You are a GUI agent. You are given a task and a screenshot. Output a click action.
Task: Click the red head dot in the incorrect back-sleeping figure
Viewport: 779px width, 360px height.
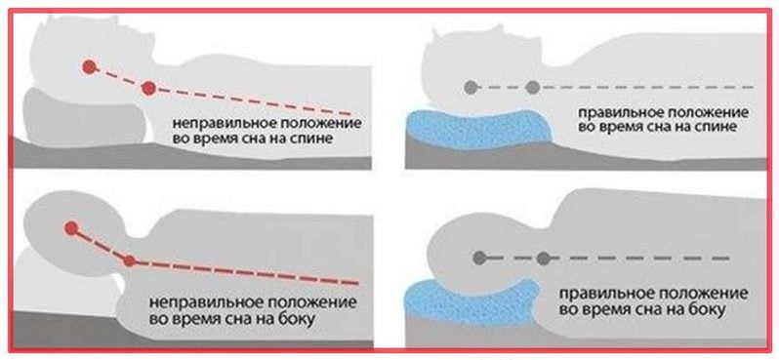point(89,68)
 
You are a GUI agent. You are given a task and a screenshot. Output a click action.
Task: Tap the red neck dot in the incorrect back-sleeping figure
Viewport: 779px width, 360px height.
point(148,89)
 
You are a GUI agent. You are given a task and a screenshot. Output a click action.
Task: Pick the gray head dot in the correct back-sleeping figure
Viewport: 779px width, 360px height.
point(471,87)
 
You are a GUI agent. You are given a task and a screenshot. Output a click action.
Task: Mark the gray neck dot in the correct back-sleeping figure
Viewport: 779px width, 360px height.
point(532,87)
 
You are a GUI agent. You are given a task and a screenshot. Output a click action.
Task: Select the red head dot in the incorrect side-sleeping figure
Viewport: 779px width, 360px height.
point(70,229)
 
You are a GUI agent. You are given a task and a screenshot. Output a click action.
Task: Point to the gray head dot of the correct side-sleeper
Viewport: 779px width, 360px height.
point(479,259)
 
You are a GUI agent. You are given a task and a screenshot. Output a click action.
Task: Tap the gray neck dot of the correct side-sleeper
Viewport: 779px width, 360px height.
point(543,259)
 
